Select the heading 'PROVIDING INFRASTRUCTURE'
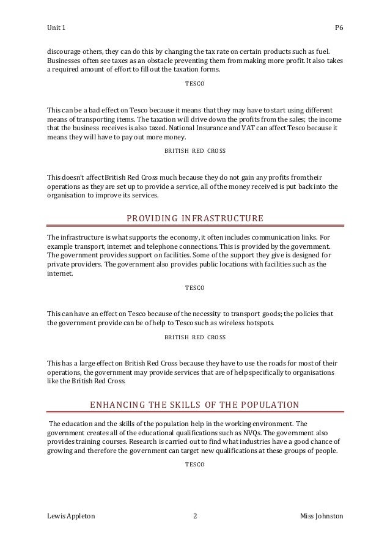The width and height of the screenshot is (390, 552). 195,218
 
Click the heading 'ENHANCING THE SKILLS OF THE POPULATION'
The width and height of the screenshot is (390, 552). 195,405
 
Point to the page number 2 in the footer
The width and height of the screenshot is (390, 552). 194,517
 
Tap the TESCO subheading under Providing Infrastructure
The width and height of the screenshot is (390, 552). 195,287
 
